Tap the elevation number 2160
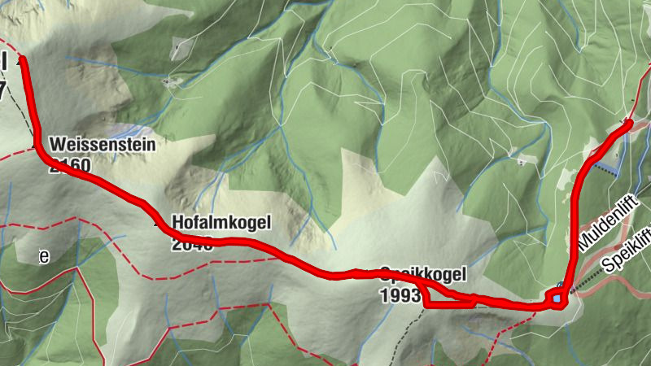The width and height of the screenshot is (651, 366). pyautogui.click(x=70, y=166)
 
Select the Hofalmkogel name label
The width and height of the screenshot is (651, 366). pyautogui.click(x=220, y=221)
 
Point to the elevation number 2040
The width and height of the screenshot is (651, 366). pyautogui.click(x=192, y=243)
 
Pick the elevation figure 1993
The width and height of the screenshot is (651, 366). pyautogui.click(x=400, y=295)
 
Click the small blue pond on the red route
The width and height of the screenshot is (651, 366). pyautogui.click(x=557, y=298)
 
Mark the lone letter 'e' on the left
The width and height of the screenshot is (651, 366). pyautogui.click(x=45, y=257)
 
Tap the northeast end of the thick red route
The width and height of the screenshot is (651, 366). pyautogui.click(x=630, y=123)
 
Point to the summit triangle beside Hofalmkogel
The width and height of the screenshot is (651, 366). pyautogui.click(x=158, y=220)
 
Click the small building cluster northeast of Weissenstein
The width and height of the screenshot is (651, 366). pyautogui.click(x=171, y=81)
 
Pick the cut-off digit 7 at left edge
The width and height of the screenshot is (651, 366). pyautogui.click(x=2, y=91)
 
